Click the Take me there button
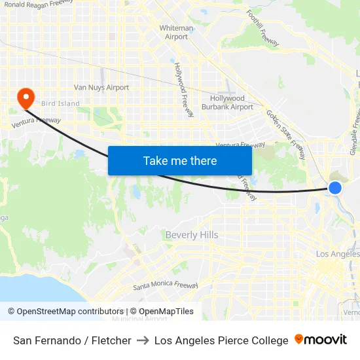(180, 160)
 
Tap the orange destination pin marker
(26, 98)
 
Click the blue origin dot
(334, 189)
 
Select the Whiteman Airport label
(176, 33)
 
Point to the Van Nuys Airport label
(101, 87)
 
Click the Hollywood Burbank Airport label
(227, 103)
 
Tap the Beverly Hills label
(192, 235)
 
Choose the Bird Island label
(60, 103)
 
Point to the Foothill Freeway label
(262, 27)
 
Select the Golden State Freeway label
(285, 134)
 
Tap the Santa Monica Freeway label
(166, 286)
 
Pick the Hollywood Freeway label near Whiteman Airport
(184, 90)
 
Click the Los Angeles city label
(337, 254)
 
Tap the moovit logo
(321, 340)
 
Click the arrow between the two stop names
(143, 340)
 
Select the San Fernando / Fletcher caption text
(72, 340)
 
